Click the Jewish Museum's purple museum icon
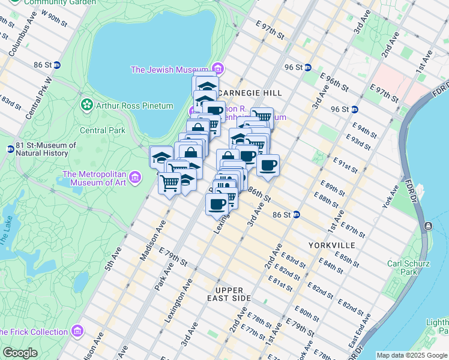tap(217, 69)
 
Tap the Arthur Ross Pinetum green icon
tap(88, 106)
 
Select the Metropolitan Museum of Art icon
tap(135, 178)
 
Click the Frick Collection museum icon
tap(77, 331)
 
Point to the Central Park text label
tap(102, 130)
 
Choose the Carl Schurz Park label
tap(408, 268)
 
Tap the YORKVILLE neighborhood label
tap(331, 245)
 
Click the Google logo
tap(20, 353)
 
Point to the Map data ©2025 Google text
tap(411, 355)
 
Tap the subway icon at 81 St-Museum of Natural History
tap(10, 149)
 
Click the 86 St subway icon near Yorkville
tap(297, 214)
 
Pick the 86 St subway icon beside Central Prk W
tap(56, 65)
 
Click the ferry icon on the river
tap(428, 226)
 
